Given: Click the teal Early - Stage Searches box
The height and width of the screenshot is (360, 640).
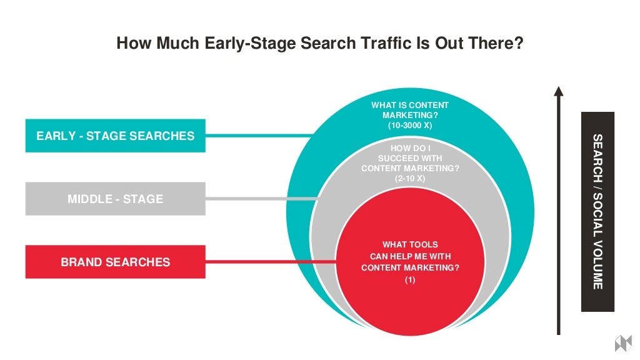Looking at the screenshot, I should (x=115, y=136).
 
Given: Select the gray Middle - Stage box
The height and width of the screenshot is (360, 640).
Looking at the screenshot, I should (x=115, y=199).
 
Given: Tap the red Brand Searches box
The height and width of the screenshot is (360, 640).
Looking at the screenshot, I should (x=115, y=262).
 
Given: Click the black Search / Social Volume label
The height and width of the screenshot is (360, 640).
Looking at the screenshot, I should (x=597, y=211).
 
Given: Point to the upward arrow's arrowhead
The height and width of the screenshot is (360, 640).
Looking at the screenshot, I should (x=559, y=91).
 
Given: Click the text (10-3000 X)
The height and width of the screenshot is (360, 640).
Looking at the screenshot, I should (x=410, y=126).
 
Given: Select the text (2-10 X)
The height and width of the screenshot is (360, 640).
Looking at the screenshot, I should (x=410, y=178).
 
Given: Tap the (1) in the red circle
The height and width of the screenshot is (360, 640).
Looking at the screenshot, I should (x=410, y=279).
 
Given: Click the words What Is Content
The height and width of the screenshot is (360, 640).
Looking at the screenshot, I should (x=410, y=105).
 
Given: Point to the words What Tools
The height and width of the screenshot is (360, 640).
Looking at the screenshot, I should (x=410, y=244).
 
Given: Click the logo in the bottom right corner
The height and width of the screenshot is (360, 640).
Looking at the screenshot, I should (x=623, y=343).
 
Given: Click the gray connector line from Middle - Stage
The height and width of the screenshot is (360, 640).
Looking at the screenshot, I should (x=262, y=199).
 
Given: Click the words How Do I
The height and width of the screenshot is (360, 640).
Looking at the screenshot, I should (x=410, y=148).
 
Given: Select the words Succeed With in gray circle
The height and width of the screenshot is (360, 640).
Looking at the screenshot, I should (x=410, y=158).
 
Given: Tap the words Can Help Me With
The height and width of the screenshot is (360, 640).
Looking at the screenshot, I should (x=410, y=256).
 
